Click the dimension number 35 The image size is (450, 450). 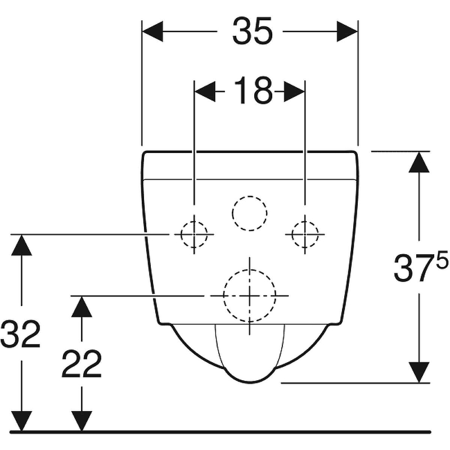tap(253, 31)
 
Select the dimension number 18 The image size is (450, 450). tap(253, 90)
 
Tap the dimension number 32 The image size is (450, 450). tap(20, 334)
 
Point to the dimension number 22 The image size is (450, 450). tap(82, 363)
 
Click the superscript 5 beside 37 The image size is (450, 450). tap(442, 259)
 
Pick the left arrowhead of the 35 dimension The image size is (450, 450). tap(152, 31)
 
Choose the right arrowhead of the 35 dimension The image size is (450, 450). tap(347, 31)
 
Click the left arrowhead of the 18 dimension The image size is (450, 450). tap(205, 92)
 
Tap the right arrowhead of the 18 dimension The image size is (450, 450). tap(294, 92)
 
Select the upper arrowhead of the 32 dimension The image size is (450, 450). tap(21, 245)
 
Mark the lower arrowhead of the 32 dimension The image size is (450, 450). tap(21, 421)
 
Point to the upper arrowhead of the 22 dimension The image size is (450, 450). tap(82, 307)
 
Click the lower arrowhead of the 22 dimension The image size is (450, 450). tap(82, 421)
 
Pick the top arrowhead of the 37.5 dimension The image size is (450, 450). tap(419, 162)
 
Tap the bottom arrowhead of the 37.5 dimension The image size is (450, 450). tap(419, 372)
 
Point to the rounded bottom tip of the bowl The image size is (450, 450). tap(250, 382)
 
